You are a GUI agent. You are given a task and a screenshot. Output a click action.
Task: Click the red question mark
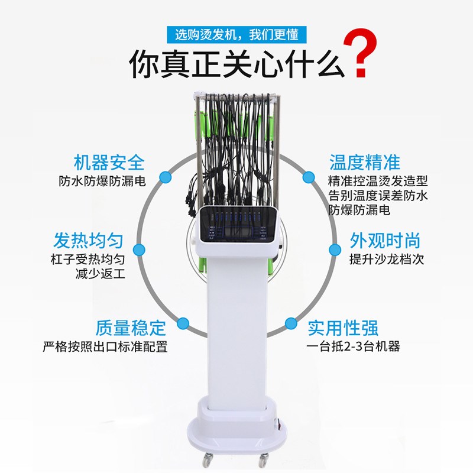361,53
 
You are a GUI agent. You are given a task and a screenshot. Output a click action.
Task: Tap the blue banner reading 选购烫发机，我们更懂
237,35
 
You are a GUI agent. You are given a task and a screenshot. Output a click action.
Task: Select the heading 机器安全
109,163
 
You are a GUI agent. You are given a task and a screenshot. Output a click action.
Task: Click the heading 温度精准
364,163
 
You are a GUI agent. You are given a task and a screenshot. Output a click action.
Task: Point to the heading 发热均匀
88,241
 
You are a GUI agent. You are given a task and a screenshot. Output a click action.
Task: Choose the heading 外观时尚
385,241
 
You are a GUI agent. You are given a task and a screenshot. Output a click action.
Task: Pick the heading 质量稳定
131,328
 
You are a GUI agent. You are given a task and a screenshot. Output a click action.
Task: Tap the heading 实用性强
343,328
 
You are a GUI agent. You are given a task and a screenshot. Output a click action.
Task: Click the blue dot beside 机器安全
166,177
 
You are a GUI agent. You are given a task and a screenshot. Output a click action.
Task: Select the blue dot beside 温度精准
308,177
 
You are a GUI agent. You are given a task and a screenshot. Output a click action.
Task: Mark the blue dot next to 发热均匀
139,250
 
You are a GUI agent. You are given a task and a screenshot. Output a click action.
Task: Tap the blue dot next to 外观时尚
335,250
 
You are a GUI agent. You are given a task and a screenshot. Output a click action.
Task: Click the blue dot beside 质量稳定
183,323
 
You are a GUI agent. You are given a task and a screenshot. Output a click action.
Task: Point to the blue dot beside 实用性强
291,323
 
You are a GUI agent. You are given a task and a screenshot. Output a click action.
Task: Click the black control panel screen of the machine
238,224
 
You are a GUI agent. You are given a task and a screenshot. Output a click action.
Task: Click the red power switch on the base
279,425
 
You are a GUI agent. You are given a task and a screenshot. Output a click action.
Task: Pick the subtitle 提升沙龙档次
387,259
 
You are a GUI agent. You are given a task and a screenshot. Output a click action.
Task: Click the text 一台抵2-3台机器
353,346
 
